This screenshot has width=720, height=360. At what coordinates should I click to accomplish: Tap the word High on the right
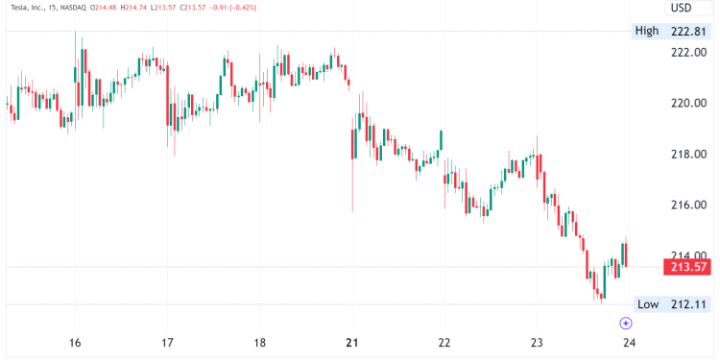[x=647, y=31]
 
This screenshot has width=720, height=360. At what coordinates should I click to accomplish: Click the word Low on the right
[x=648, y=304]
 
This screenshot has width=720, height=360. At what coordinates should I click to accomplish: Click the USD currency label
[x=681, y=8]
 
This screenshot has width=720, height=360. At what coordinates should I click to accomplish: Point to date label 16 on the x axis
[x=75, y=343]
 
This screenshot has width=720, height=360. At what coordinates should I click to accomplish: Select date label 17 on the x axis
[x=167, y=343]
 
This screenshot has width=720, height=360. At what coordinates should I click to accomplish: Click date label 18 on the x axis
[x=259, y=343]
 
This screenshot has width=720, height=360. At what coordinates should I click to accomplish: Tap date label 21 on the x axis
[x=351, y=343]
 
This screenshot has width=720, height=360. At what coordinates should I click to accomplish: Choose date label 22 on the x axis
[x=444, y=343]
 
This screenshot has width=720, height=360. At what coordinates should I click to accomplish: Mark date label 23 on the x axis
[x=537, y=343]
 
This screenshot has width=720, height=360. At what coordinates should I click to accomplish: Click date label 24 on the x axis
[x=629, y=343]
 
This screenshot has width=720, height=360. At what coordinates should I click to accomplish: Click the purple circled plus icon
[x=626, y=324]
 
